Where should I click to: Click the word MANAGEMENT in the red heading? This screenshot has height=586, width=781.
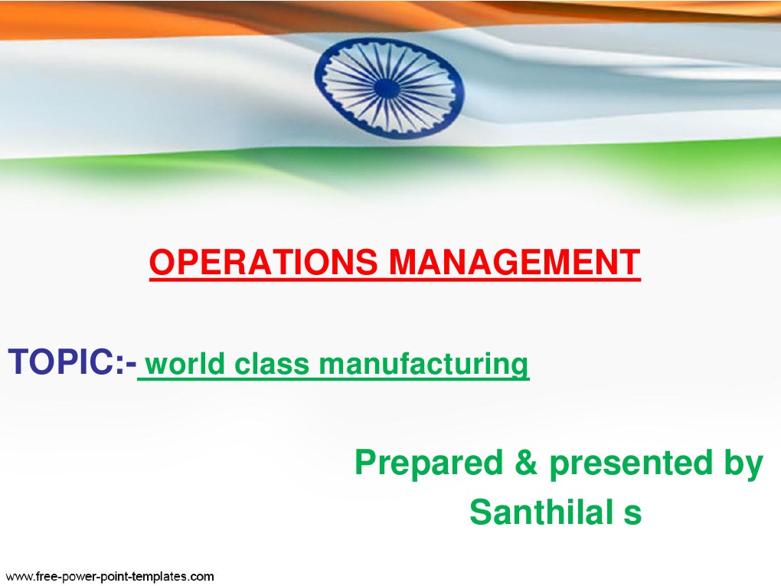[x=513, y=263]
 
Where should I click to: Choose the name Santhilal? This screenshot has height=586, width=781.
[x=533, y=512]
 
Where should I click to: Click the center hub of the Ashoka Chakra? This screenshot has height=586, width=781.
[x=388, y=88]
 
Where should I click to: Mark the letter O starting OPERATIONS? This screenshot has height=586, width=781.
[x=161, y=263]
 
